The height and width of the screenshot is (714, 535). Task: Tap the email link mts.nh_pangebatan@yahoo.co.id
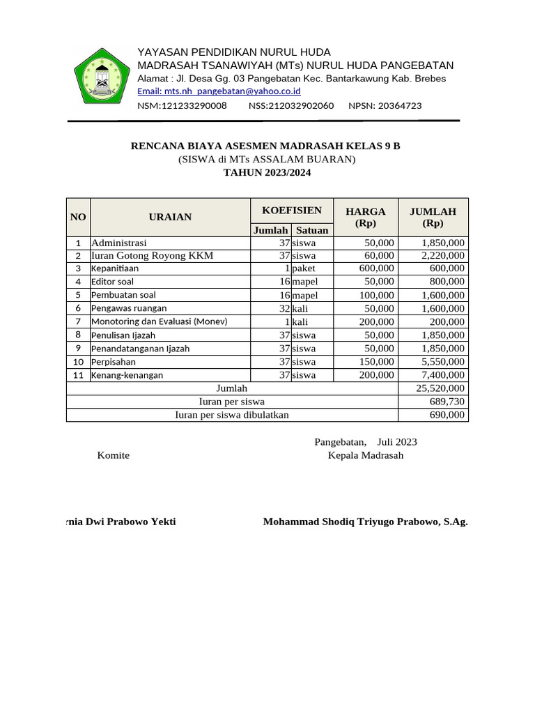click(x=219, y=91)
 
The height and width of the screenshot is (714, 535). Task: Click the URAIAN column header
click(x=170, y=217)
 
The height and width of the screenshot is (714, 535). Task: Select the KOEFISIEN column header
click(x=291, y=211)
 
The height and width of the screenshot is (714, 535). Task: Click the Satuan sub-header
click(x=311, y=230)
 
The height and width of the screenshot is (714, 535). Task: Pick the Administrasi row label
click(x=119, y=243)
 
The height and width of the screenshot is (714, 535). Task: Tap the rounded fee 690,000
click(x=447, y=415)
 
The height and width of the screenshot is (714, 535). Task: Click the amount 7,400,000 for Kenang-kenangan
click(x=443, y=375)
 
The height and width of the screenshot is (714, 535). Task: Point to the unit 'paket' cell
click(x=305, y=268)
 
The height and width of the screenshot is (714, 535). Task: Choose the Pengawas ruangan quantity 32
click(x=284, y=308)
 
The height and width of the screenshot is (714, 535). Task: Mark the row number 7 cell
click(x=78, y=321)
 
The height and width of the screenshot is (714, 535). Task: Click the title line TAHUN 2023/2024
click(x=267, y=172)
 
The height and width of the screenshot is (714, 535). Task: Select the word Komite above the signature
click(x=113, y=455)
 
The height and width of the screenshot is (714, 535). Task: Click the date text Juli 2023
click(x=397, y=442)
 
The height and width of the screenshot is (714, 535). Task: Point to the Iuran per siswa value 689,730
click(x=447, y=402)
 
